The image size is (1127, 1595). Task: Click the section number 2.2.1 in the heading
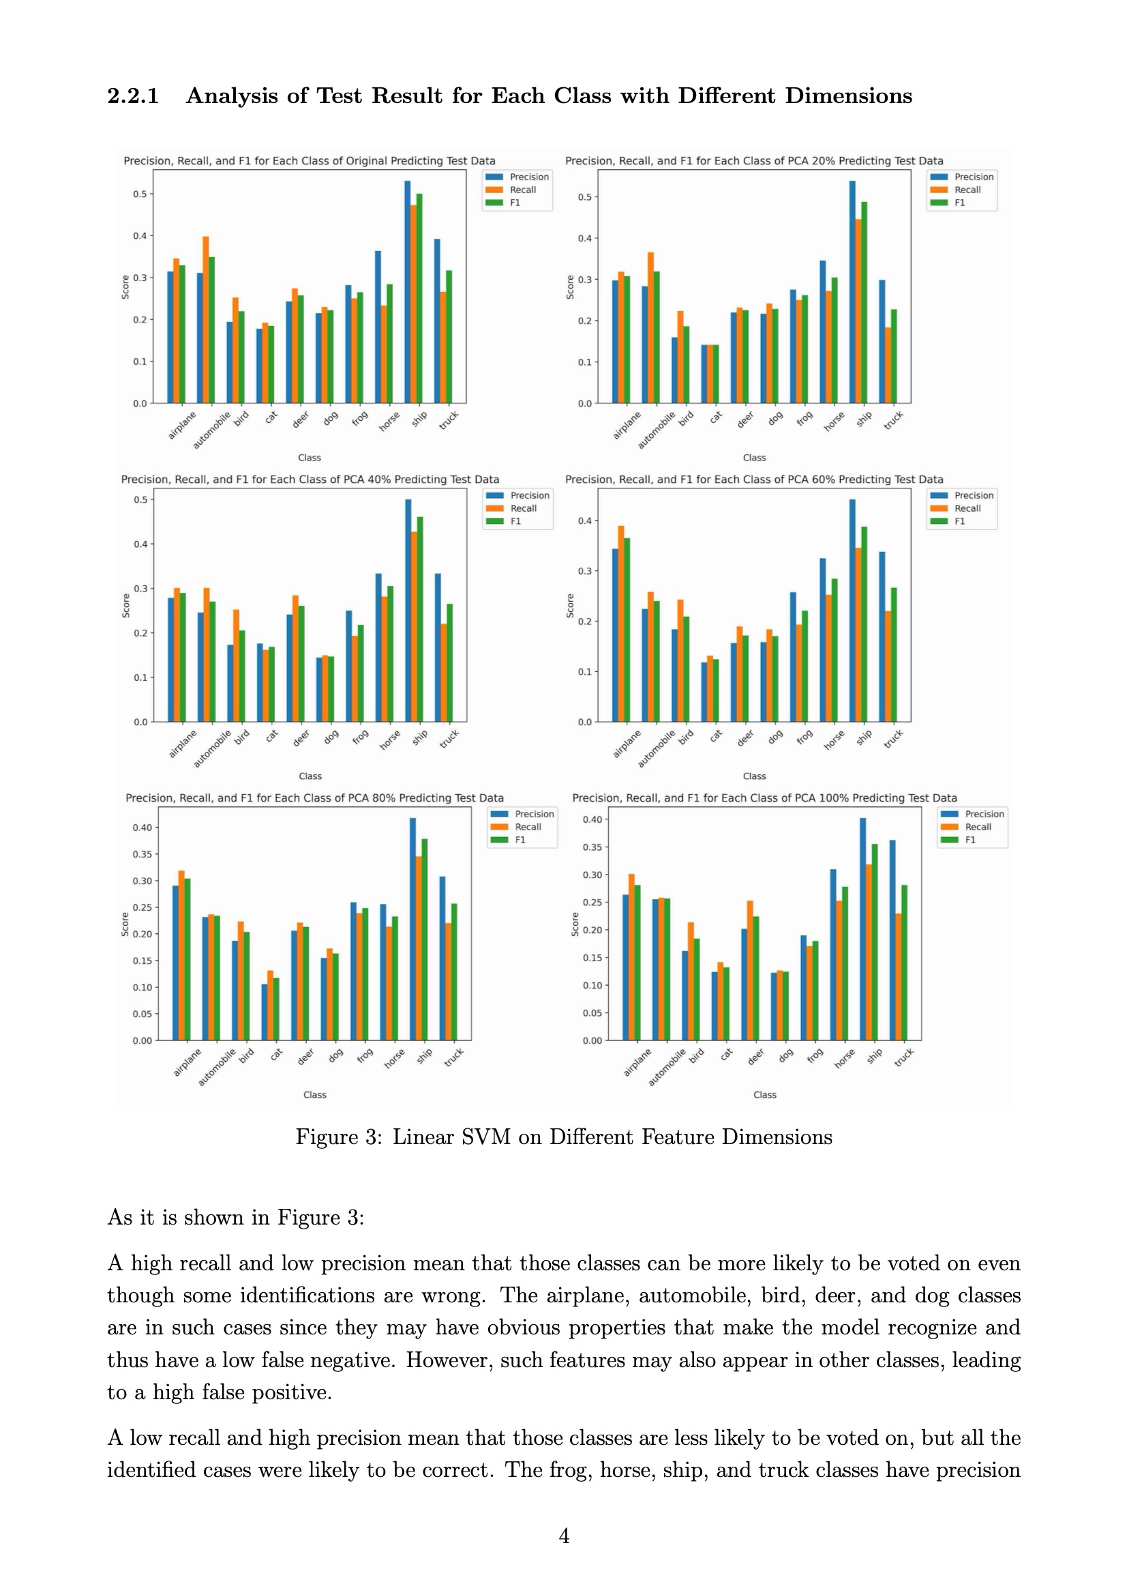click(133, 96)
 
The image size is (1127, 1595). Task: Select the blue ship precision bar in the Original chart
click(408, 292)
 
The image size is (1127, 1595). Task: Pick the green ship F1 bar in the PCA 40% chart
click(420, 619)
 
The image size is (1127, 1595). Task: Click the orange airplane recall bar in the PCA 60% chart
click(621, 624)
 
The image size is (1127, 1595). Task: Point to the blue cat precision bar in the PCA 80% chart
click(265, 1012)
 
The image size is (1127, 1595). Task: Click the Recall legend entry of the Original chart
click(522, 190)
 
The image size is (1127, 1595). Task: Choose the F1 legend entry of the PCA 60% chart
click(959, 521)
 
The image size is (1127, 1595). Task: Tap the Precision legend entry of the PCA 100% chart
click(983, 814)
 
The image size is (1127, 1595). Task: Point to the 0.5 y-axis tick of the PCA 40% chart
click(141, 499)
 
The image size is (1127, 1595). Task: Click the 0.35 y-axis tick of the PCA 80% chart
click(142, 854)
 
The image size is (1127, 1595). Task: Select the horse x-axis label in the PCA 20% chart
click(834, 421)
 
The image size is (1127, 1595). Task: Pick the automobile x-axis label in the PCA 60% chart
click(656, 749)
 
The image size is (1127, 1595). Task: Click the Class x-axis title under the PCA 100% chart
click(764, 1095)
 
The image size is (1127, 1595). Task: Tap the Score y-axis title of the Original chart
click(125, 287)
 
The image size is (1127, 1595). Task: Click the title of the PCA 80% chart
click(314, 798)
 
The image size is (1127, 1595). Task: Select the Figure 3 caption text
click(563, 1137)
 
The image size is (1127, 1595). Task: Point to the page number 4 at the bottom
click(564, 1536)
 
